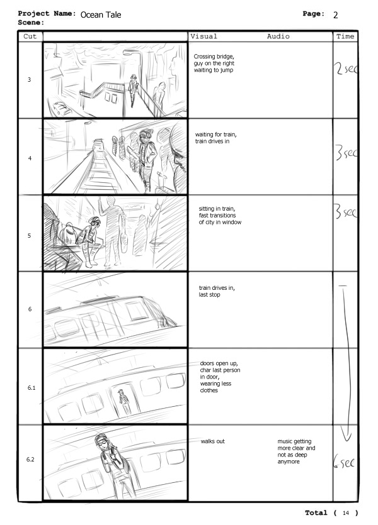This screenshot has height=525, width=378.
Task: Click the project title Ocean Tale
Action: [101, 14]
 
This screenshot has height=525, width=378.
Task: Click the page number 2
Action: [335, 15]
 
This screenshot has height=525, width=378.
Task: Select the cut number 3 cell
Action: [30, 80]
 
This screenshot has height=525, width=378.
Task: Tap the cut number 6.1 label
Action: [31, 388]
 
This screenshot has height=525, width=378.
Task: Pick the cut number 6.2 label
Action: [30, 460]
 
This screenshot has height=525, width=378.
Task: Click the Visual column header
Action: [203, 36]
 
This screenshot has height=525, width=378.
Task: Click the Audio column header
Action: [278, 36]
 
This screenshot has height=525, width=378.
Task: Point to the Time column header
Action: [345, 36]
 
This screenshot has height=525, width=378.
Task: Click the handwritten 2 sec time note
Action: [345, 69]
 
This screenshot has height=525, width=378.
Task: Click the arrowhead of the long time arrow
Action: [346, 436]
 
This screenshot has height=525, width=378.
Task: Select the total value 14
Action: [346, 513]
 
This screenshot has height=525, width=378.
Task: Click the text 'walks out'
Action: [213, 441]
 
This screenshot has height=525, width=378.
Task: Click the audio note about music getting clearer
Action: [296, 451]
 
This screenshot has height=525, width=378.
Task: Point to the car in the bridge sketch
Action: [62, 108]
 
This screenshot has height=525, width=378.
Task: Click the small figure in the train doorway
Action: [125, 402]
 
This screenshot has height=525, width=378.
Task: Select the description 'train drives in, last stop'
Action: [217, 291]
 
